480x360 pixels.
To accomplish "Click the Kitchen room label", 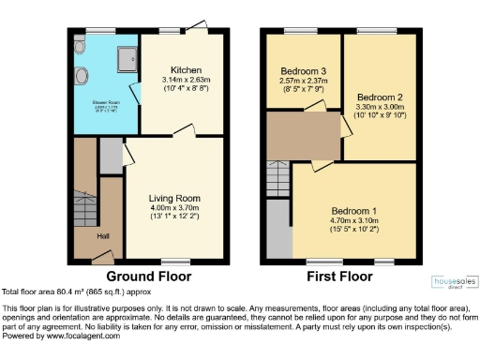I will (182, 70).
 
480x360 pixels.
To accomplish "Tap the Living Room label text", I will (175, 198).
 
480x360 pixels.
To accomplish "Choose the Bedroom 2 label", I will (380, 97).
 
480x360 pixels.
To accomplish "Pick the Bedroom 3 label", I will (303, 71).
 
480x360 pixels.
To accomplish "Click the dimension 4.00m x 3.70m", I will (175, 208).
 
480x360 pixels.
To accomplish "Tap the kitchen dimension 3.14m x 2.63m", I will (182, 81).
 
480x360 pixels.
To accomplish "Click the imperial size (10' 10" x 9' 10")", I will (380, 116).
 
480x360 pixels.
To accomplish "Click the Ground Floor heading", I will (148, 277).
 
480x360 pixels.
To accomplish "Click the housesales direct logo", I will (453, 283).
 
